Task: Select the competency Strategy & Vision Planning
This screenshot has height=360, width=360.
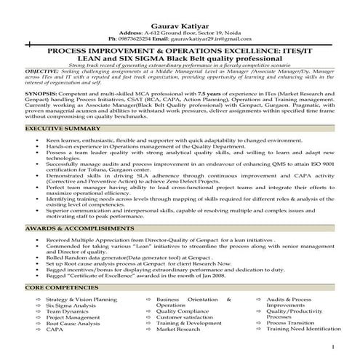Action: click(81, 300)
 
